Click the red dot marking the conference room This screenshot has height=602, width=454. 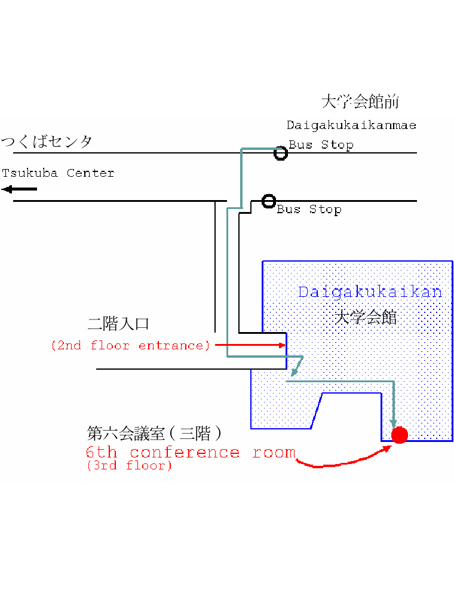(x=400, y=435)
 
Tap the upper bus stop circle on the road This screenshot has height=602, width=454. (x=281, y=153)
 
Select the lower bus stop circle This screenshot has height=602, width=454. (x=269, y=201)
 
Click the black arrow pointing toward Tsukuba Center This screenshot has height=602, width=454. (x=19, y=189)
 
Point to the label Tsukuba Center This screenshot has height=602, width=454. (x=58, y=173)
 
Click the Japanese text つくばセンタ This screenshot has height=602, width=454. (x=47, y=142)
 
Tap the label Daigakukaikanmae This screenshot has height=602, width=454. (x=351, y=125)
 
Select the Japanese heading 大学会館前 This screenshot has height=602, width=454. (x=360, y=102)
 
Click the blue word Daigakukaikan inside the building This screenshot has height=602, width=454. (x=370, y=292)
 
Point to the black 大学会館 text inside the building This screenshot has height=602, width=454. (x=365, y=318)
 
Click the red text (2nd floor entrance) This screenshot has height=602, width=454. (x=131, y=346)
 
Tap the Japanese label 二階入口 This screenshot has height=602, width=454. (x=118, y=324)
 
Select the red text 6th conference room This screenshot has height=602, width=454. (x=191, y=452)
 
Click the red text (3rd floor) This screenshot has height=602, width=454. (x=129, y=466)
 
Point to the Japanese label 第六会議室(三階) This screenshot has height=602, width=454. (x=154, y=434)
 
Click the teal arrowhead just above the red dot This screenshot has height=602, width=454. (x=393, y=423)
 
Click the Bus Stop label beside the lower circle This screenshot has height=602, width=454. (x=309, y=210)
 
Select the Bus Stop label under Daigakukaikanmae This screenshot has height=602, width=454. (x=321, y=145)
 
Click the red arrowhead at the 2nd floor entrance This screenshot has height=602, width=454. (x=283, y=345)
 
